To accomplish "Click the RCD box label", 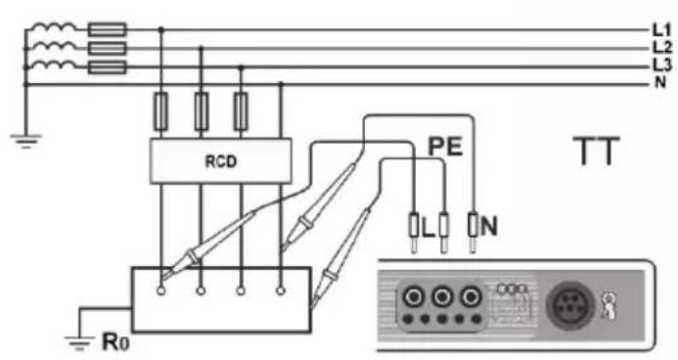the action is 220,161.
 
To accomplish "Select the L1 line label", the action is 661,30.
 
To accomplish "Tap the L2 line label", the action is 661,48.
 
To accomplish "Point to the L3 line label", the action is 661,65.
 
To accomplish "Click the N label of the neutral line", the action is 659,82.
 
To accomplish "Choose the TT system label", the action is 596,151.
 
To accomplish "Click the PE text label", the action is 445,146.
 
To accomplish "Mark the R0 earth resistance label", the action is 115,341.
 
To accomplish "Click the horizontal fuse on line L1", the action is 108,29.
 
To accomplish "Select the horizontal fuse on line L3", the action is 108,67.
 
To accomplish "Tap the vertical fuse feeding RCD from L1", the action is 160,112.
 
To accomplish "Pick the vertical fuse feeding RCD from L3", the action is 241,112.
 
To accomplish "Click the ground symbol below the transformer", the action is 25,141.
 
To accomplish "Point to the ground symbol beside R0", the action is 79,341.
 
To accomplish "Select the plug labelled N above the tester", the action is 473,233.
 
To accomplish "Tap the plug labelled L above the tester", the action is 414,233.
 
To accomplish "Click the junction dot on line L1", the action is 161,29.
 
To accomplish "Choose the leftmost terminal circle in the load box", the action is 160,292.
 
